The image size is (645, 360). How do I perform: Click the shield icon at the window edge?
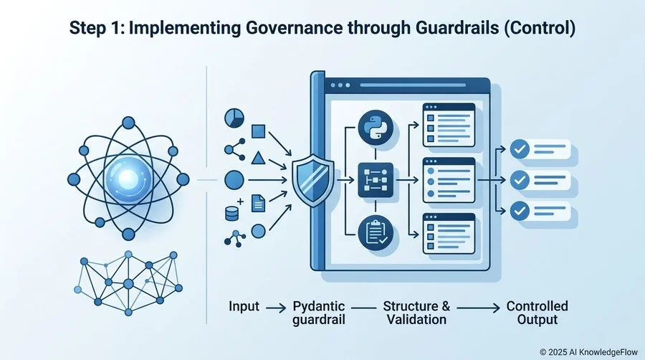click(x=312, y=180)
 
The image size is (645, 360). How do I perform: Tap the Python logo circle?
click(x=376, y=128)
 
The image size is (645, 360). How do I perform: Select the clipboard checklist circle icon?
click(x=376, y=233)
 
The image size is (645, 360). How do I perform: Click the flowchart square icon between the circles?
click(x=376, y=180)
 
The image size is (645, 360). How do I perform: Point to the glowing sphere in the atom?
click(x=128, y=179)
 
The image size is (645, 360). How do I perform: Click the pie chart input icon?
click(x=234, y=118)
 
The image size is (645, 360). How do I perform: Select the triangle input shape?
click(x=258, y=158)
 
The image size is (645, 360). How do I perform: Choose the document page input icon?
click(x=258, y=203)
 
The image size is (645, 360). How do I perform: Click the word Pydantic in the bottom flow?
click(x=319, y=306)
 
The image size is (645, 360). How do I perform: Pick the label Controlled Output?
click(x=537, y=313)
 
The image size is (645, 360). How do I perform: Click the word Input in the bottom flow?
click(x=244, y=306)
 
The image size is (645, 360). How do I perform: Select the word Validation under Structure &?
click(x=416, y=319)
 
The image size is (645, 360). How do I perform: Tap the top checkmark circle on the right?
click(x=520, y=149)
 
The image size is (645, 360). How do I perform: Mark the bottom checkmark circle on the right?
click(x=520, y=211)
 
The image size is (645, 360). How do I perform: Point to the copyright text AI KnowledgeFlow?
click(x=603, y=352)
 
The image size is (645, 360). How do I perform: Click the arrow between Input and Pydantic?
click(x=276, y=308)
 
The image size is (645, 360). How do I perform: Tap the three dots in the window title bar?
click(x=340, y=85)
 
